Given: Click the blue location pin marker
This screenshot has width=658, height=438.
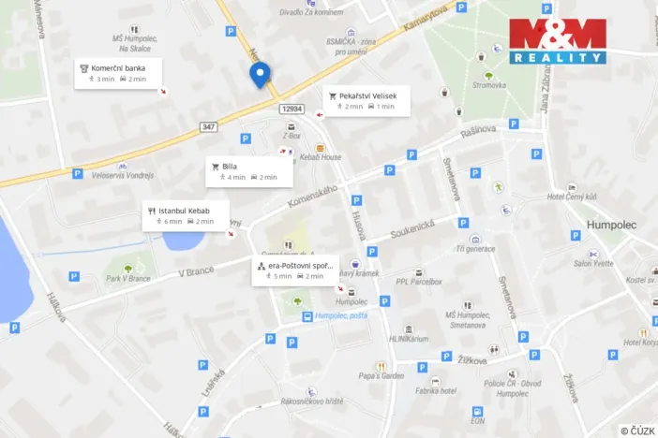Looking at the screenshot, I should (261, 74).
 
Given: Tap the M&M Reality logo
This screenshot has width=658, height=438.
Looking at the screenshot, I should (558, 41).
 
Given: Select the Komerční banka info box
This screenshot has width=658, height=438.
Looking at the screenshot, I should (118, 73).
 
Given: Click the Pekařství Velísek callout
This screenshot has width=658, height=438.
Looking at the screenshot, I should (366, 101).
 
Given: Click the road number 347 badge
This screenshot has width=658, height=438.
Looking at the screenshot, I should (208, 126).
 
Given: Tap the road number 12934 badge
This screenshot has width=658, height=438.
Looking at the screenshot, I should (292, 109).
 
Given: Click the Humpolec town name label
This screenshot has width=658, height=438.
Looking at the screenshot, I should (610, 226).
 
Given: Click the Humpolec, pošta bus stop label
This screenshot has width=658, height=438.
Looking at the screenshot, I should (341, 315).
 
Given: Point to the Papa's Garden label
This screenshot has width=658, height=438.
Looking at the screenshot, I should (381, 375).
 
